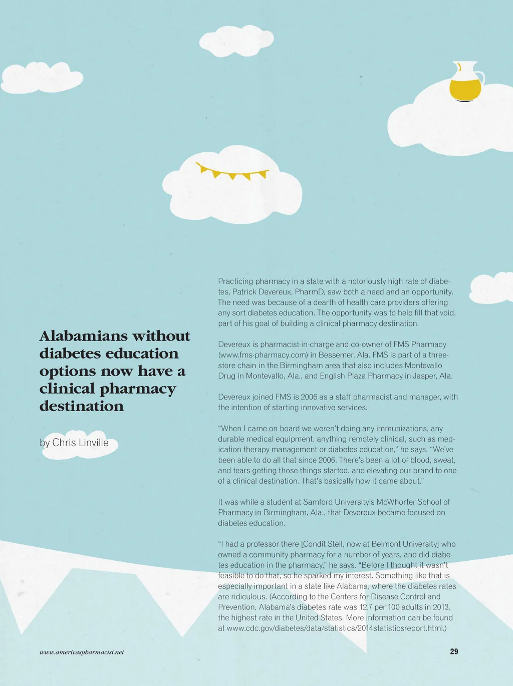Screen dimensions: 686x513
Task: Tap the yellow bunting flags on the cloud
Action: click(232, 172)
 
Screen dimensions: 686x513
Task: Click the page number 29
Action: click(454, 651)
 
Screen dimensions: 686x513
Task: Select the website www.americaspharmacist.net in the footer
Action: click(82, 652)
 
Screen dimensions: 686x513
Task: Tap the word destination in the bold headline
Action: click(82, 406)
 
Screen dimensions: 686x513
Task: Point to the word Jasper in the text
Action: click(425, 376)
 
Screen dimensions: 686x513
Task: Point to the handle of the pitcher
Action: click(480, 78)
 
